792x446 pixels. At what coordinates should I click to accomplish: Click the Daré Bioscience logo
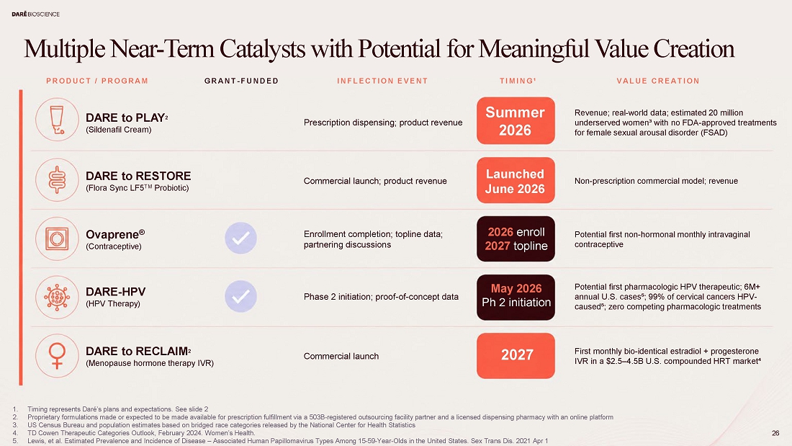coord(35,14)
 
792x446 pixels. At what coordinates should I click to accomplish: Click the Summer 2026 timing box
coord(516,121)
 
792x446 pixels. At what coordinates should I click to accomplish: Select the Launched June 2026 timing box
coord(516,181)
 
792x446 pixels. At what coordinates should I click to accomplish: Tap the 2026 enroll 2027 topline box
coord(516,238)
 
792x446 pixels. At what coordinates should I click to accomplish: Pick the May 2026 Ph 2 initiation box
coord(516,298)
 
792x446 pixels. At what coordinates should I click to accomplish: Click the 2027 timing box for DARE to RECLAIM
coord(516,355)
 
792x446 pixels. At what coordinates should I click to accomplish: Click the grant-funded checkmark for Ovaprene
coord(240,238)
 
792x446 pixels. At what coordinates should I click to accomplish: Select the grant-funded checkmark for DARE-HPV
coord(240,296)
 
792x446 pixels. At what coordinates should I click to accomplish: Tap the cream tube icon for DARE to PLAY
coord(57,120)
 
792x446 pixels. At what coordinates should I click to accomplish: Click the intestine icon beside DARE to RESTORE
coord(57,180)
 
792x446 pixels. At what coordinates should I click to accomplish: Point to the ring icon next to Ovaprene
coord(57,238)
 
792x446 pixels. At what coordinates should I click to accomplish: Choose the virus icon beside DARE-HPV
coord(57,298)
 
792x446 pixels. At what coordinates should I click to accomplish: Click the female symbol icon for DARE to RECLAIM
coord(57,356)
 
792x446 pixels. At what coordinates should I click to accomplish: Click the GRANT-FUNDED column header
coord(241,81)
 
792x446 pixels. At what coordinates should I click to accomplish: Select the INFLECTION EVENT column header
coord(382,81)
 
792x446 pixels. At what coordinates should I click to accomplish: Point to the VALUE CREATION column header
coord(658,81)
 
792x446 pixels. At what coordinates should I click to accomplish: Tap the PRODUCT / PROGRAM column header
coord(97,81)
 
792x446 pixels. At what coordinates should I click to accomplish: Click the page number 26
coord(775,433)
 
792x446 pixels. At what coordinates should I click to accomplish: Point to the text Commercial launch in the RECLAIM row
coord(341,356)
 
